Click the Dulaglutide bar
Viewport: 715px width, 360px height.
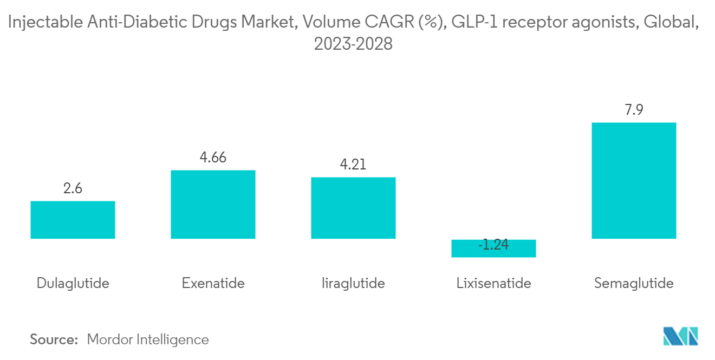coord(73,220)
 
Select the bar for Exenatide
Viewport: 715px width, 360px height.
coord(213,205)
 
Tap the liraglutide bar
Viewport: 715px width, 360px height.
coord(353,208)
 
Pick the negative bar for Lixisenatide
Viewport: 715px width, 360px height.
coord(493,248)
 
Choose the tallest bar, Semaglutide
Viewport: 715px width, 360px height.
coord(634,180)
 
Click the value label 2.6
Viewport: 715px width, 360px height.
coord(73,189)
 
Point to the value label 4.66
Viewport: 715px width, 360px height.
coord(213,158)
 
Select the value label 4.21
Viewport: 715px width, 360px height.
coord(353,164)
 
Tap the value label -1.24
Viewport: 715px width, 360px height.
coord(493,245)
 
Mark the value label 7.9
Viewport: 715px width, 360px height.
coord(634,110)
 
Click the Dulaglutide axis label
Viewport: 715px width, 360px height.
coord(73,283)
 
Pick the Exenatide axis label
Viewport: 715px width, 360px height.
coord(213,283)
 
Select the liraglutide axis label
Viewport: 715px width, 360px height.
coord(353,283)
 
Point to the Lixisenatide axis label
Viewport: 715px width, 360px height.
coord(493,283)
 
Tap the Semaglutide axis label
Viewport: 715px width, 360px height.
coord(634,283)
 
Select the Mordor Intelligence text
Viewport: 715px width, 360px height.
coord(148,339)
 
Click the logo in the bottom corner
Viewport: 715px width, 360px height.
coord(681,336)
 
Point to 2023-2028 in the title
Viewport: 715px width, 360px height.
coord(353,44)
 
